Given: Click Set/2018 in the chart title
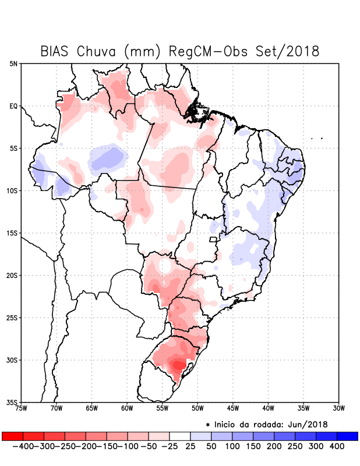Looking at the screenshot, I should tap(288, 51).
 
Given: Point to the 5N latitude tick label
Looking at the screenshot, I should tap(13, 63).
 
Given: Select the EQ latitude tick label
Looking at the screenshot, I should tap(13, 106).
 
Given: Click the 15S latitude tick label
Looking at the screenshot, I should tap(12, 233).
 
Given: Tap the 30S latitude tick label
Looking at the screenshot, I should tap(12, 360).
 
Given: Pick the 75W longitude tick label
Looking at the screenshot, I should tap(21, 408).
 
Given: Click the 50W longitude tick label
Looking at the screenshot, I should tap(197, 408).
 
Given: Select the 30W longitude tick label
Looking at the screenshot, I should tap(339, 408).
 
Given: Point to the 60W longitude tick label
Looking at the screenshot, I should tap(127, 408).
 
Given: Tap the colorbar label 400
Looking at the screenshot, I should tap(336, 446).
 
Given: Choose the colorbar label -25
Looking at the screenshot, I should tap(169, 446).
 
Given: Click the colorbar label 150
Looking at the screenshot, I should tap(253, 446).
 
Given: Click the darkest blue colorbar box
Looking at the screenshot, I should tap(347, 436).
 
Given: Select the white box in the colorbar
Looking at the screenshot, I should tap(180, 436).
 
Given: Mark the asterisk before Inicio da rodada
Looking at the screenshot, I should tap(208, 425).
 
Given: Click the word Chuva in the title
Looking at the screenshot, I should tap(100, 51).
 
